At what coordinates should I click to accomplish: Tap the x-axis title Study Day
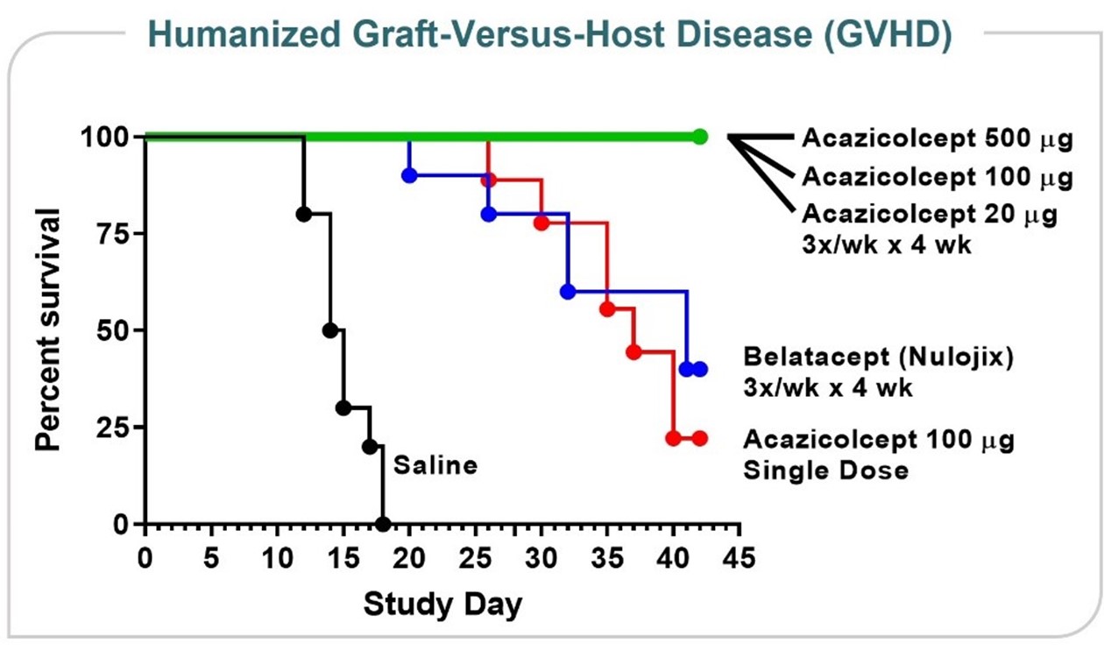(442, 604)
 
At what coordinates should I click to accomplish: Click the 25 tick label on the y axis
(111, 428)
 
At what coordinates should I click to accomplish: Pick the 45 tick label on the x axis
(740, 557)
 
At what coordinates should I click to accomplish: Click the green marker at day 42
(699, 137)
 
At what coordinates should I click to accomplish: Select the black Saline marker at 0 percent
(383, 524)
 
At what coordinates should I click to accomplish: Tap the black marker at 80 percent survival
(303, 214)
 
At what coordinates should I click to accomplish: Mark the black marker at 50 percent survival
(330, 330)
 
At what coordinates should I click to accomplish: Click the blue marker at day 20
(409, 175)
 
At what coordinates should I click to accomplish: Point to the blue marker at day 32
(568, 292)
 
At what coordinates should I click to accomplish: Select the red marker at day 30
(541, 223)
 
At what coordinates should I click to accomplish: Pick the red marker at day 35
(607, 308)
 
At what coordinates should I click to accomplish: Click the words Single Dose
(825, 471)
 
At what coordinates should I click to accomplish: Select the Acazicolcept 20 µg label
(929, 214)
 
